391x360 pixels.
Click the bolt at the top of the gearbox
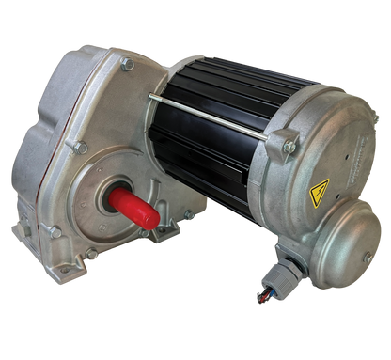(x=125, y=64)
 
